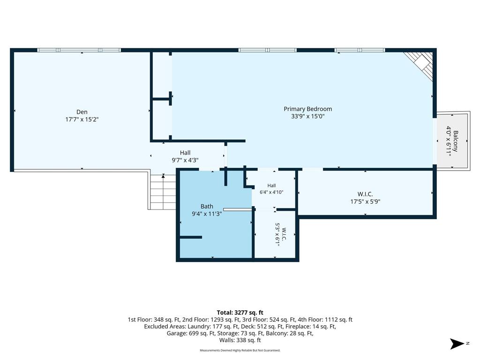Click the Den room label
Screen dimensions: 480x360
click(82, 112)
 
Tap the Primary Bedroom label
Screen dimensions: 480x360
click(307, 109)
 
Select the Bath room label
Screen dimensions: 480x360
click(207, 206)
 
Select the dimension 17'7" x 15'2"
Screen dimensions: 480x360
click(82, 120)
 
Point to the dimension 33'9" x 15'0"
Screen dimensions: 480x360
click(307, 116)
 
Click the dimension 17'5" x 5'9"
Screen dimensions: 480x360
click(365, 202)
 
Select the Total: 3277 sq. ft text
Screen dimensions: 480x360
click(240, 313)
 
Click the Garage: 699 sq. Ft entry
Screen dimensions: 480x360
click(190, 333)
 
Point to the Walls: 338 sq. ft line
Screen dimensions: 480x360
click(240, 340)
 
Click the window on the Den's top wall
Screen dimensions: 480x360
click(79, 50)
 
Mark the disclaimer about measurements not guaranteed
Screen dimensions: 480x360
click(240, 350)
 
